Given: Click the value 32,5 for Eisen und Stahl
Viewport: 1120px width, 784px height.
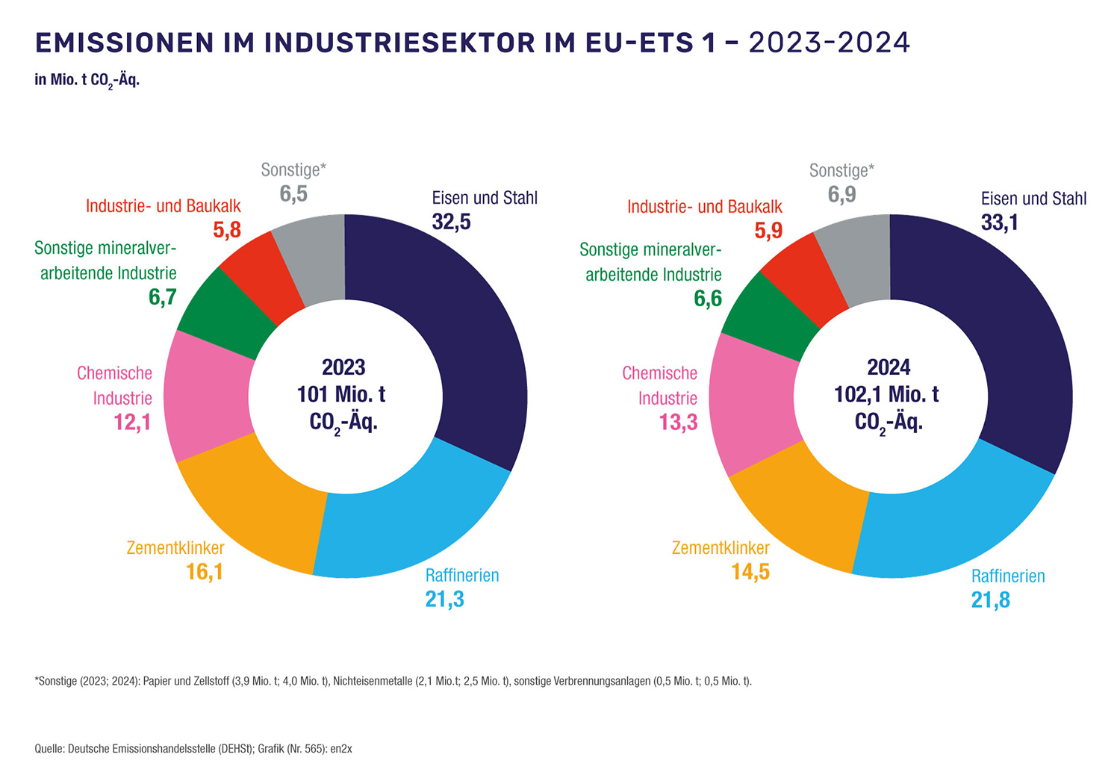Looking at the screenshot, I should tap(452, 222).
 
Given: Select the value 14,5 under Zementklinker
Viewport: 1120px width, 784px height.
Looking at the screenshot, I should tap(750, 572).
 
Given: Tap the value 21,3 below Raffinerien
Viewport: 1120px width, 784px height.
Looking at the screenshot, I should tap(445, 599).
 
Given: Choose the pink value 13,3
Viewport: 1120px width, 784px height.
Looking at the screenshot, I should tap(678, 423).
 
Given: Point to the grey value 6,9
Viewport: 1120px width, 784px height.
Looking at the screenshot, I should tap(842, 195).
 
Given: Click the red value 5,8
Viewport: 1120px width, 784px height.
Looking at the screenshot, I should tap(227, 230).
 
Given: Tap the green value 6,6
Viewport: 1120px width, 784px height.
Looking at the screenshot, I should tap(708, 299).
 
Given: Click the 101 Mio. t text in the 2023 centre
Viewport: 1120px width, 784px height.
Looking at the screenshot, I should tap(341, 394).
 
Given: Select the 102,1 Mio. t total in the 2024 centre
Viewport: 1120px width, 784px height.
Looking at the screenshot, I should tap(886, 394).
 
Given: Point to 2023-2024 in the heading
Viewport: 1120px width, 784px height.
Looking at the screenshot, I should tap(829, 43).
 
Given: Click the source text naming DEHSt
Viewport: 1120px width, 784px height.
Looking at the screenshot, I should tap(161, 748).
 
